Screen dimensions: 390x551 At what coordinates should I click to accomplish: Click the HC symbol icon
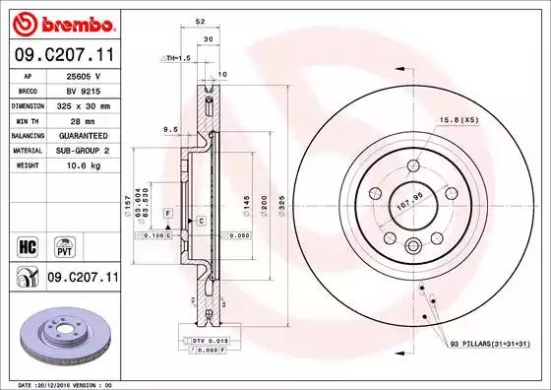[29, 242]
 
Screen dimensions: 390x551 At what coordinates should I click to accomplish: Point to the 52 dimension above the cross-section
[201, 20]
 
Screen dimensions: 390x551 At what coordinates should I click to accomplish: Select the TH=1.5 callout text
[175, 59]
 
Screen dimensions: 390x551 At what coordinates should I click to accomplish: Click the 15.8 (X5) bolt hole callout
[459, 119]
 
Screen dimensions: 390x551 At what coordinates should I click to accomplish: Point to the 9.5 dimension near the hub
[170, 128]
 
